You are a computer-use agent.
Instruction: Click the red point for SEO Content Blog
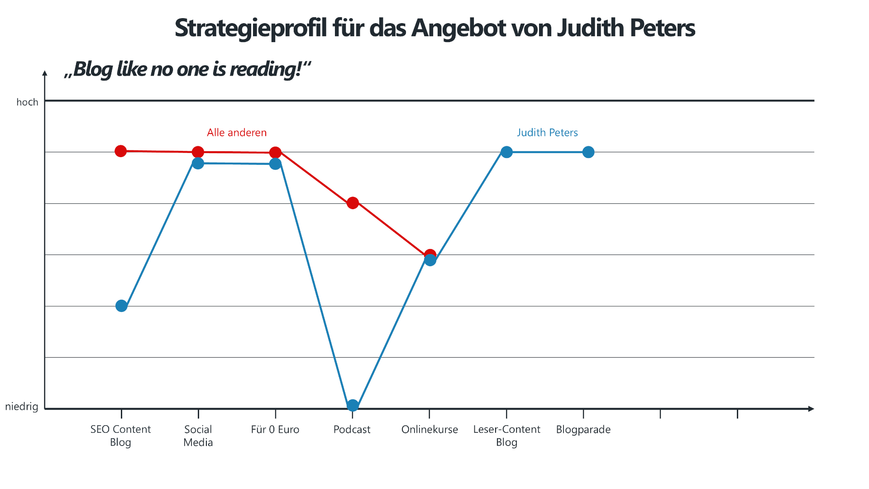[120, 151]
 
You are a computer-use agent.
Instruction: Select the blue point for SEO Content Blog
[121, 306]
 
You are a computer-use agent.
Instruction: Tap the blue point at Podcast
[353, 405]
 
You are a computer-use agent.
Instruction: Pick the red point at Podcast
[353, 203]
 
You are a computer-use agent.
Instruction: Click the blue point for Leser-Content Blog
[506, 152]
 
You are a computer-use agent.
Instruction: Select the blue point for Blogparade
[588, 152]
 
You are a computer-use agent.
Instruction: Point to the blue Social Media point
[198, 163]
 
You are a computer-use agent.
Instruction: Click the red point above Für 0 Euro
[275, 153]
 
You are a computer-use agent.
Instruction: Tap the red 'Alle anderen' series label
[237, 133]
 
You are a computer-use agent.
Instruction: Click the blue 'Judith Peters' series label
[547, 133]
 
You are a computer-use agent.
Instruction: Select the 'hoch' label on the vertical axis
[27, 102]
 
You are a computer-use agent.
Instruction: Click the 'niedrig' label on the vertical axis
[22, 407]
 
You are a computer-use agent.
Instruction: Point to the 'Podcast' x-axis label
[352, 430]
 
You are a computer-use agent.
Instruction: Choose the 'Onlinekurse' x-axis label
[430, 430]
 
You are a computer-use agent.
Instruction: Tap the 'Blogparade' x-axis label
[583, 430]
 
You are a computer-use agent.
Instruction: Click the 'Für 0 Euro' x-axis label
[275, 430]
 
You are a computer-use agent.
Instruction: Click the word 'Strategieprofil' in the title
[251, 28]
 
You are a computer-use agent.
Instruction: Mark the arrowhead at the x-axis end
[811, 409]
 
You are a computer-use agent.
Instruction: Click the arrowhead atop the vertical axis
[45, 73]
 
